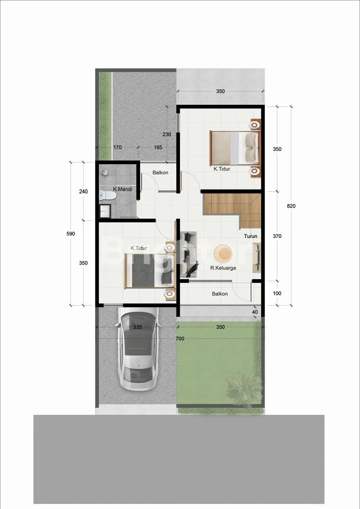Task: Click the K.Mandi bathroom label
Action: [x=123, y=189]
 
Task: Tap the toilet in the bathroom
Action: [x=107, y=195]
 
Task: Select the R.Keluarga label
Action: [x=223, y=268]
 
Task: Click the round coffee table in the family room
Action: [x=223, y=254]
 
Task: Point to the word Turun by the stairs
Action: [x=251, y=236]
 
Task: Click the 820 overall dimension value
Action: [x=291, y=206]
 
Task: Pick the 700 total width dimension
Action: [x=180, y=338]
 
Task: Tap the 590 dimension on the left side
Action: [x=71, y=233]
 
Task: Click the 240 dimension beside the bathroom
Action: [x=84, y=191]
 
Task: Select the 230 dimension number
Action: [x=167, y=134]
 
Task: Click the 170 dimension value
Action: [x=117, y=147]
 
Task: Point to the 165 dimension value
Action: [x=158, y=147]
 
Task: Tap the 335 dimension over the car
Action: [x=138, y=327]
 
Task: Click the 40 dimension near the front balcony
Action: [x=255, y=312]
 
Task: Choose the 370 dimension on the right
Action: [x=277, y=236]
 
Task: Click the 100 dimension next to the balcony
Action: [x=277, y=293]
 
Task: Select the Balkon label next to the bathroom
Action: [x=160, y=173]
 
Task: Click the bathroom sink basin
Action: [x=105, y=211]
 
